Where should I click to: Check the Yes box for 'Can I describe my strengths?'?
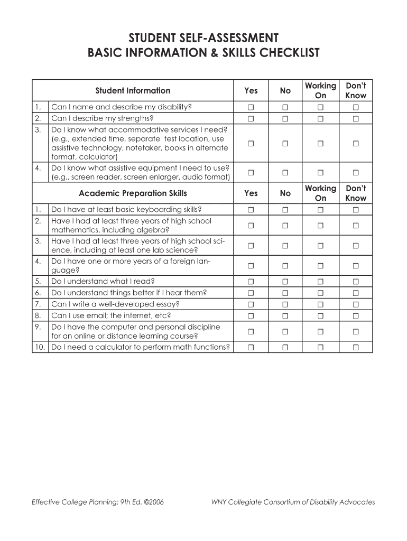pyautogui.click(x=251, y=118)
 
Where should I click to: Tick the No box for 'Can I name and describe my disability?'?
pyautogui.click(x=285, y=107)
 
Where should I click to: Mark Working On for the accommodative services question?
pyautogui.click(x=320, y=143)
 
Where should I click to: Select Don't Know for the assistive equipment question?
pyautogui.click(x=356, y=172)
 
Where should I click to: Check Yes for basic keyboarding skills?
pyautogui.click(x=251, y=210)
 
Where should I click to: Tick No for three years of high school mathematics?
pyautogui.click(x=285, y=226)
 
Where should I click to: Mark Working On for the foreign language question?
pyautogui.click(x=320, y=266)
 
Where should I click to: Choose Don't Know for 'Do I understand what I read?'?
pyautogui.click(x=356, y=282)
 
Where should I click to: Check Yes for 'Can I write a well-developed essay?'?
pyautogui.click(x=251, y=304)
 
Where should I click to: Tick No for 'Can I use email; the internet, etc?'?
pyautogui.click(x=285, y=315)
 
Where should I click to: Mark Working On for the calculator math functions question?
pyautogui.click(x=320, y=347)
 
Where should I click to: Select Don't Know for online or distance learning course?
pyautogui.click(x=356, y=331)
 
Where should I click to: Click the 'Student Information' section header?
pyautogui.click(x=133, y=90)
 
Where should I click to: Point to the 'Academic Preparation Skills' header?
pyautogui.click(x=133, y=193)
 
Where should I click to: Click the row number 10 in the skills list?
pyautogui.click(x=39, y=347)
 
